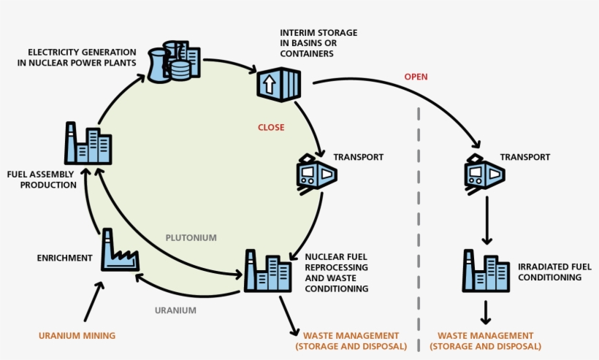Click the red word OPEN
[416, 77]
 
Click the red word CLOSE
[270, 127]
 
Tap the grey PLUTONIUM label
[191, 237]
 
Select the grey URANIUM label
[176, 310]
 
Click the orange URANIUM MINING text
[77, 335]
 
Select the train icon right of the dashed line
[484, 174]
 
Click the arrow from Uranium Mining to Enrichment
[94, 300]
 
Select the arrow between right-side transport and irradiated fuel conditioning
[484, 222]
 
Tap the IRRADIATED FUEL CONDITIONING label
[538, 272]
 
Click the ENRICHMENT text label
[65, 258]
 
